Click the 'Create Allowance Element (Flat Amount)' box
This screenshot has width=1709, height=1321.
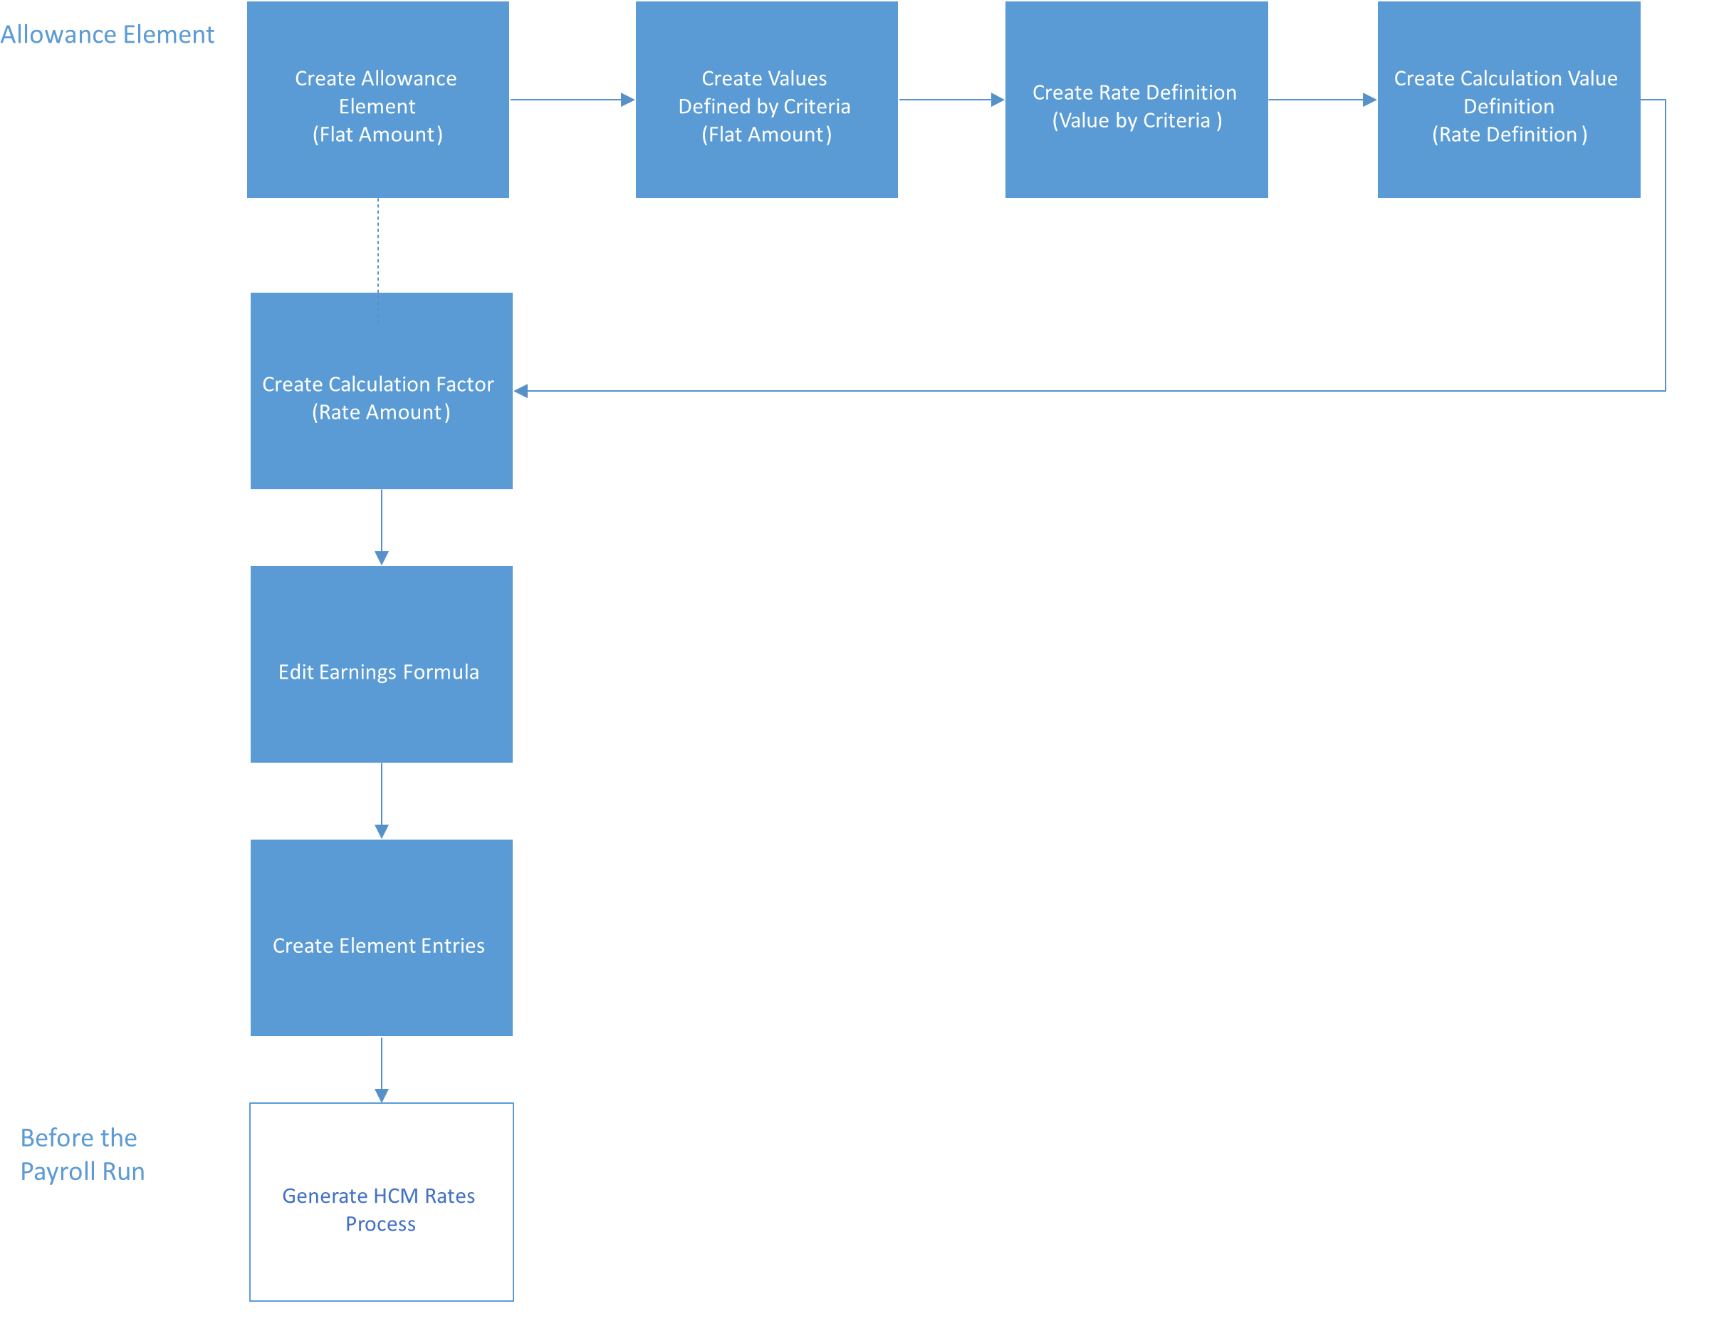(x=378, y=100)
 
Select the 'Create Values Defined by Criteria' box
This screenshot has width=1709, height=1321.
(x=766, y=100)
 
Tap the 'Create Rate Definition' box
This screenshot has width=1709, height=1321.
(x=1136, y=100)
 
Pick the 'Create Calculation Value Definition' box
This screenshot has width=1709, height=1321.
(x=1509, y=100)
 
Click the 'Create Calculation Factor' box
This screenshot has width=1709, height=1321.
(x=381, y=391)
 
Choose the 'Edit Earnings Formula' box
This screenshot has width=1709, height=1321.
(x=381, y=664)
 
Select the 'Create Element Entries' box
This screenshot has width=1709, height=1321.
(x=381, y=938)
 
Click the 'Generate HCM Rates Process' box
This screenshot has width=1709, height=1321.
(x=381, y=1202)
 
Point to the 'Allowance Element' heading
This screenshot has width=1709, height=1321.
(x=108, y=34)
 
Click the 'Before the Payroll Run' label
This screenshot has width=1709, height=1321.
(x=82, y=1154)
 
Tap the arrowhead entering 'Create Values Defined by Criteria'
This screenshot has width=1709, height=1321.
(x=627, y=100)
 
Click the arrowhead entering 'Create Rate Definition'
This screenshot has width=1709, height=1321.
(x=998, y=100)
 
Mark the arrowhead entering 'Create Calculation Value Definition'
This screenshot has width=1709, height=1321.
(x=1369, y=100)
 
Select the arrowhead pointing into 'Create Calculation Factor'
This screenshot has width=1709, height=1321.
(x=521, y=390)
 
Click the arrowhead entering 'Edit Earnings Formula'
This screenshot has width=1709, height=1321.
(x=382, y=557)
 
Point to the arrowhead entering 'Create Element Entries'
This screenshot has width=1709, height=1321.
(x=382, y=831)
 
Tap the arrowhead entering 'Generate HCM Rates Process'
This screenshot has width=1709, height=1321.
(x=382, y=1096)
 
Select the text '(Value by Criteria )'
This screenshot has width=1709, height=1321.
(x=1136, y=120)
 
